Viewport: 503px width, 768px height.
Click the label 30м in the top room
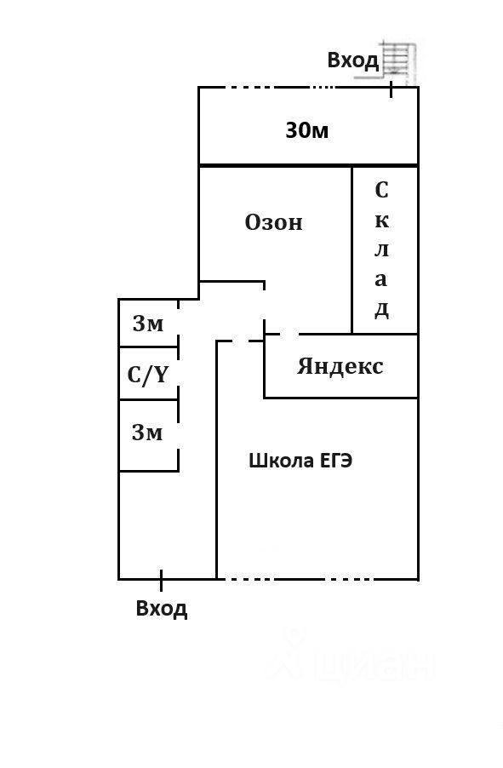[x=307, y=130]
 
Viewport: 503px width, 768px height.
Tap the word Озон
[x=274, y=222]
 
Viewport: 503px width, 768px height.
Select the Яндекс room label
[x=340, y=366]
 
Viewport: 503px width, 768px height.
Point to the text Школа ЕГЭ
[x=300, y=461]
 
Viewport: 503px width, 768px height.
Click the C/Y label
[x=147, y=375]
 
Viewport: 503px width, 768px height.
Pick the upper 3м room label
[x=148, y=324]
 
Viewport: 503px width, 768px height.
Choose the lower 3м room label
[x=147, y=433]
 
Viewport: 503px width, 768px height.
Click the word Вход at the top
[x=352, y=60]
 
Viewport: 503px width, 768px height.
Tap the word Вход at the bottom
[x=161, y=608]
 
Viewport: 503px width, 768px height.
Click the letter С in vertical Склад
[x=381, y=190]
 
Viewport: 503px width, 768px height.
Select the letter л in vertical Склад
[x=381, y=249]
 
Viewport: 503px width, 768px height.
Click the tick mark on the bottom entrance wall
[x=161, y=580]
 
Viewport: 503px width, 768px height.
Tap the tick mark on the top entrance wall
[x=391, y=89]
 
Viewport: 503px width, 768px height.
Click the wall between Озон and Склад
[x=352, y=250]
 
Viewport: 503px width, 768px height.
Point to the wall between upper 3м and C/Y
[x=148, y=347]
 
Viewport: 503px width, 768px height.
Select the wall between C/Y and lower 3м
[x=148, y=399]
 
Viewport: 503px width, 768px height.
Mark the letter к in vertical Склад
[x=382, y=221]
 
